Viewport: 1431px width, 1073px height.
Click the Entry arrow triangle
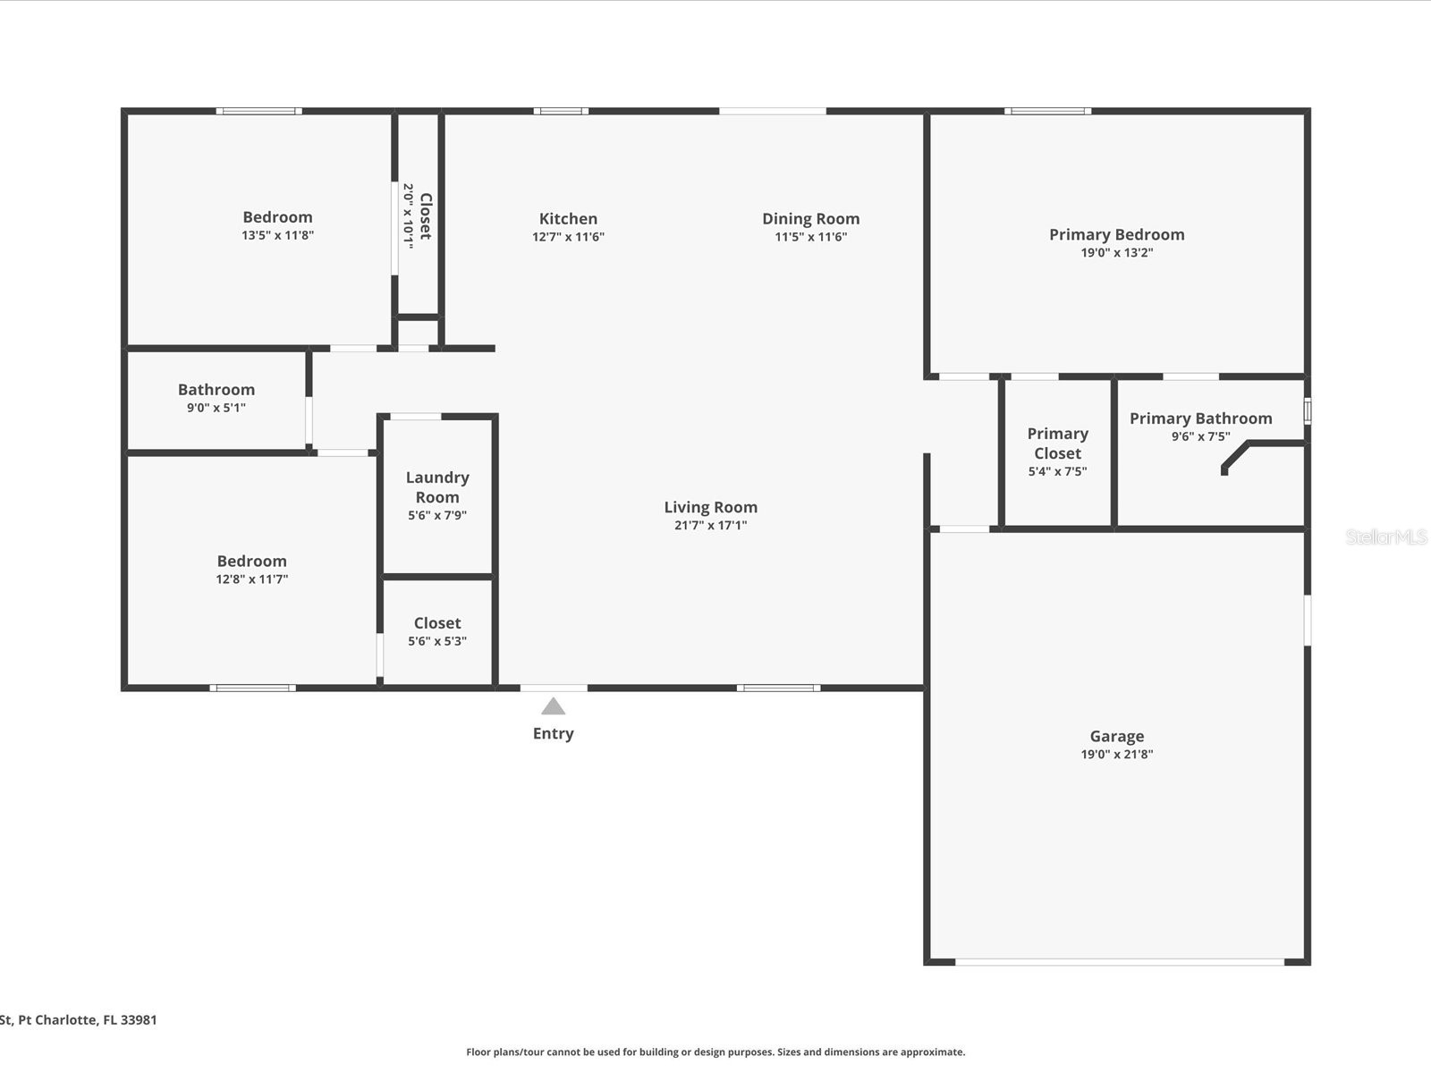pyautogui.click(x=553, y=707)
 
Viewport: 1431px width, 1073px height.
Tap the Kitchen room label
pyautogui.click(x=568, y=219)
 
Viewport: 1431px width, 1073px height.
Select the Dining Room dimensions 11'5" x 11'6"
pyautogui.click(x=810, y=237)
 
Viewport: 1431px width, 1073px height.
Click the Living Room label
pyautogui.click(x=710, y=507)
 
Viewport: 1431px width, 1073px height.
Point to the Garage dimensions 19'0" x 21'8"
pyautogui.click(x=1116, y=754)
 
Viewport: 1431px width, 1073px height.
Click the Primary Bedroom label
pyautogui.click(x=1116, y=234)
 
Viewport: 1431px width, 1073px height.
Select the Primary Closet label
pyautogui.click(x=1057, y=444)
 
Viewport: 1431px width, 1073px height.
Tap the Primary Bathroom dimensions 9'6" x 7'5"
pyautogui.click(x=1200, y=436)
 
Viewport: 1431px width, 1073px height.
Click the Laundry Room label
pyautogui.click(x=437, y=487)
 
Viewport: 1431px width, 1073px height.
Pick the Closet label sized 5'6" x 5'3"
pyautogui.click(x=437, y=623)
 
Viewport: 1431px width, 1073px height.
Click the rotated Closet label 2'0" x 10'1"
pyautogui.click(x=426, y=215)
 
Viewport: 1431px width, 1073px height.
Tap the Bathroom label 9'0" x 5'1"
pyautogui.click(x=216, y=390)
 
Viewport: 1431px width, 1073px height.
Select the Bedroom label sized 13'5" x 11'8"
pyautogui.click(x=277, y=217)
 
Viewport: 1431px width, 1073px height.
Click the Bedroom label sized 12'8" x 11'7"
pyautogui.click(x=251, y=562)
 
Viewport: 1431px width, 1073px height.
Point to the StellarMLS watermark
pyautogui.click(x=1386, y=536)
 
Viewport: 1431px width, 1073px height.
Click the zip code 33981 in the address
pyautogui.click(x=139, y=1019)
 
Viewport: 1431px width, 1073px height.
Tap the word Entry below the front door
pyautogui.click(x=553, y=733)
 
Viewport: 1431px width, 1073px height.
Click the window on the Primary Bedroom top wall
pyautogui.click(x=1047, y=111)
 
